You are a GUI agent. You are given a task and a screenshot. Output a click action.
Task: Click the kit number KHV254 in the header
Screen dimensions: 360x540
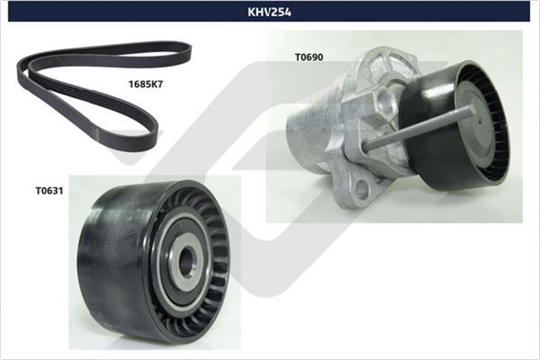(269, 12)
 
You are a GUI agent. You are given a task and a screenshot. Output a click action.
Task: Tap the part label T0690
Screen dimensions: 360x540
(310, 58)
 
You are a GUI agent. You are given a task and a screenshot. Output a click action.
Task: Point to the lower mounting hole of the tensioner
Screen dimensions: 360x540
(360, 188)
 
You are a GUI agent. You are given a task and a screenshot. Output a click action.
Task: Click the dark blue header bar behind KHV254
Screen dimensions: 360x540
(127, 12)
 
